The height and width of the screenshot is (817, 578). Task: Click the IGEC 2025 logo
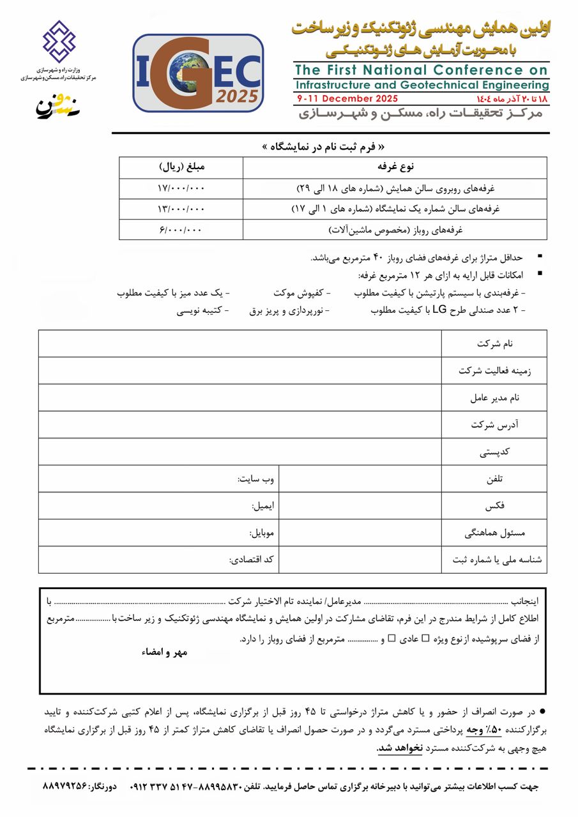coord(198,74)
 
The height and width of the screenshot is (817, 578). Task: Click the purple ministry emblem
coord(59,41)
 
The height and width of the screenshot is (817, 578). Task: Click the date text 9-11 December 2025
coord(347,98)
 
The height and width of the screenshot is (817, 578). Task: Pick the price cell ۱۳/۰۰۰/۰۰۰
coord(181,209)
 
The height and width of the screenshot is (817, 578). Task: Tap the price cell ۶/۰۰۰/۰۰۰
coord(181,229)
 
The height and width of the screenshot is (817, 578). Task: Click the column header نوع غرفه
coord(395,167)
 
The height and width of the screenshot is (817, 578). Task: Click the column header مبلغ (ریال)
coord(181,167)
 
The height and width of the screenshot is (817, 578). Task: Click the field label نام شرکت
coord(494,344)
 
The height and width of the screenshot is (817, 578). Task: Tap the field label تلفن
coord(495,479)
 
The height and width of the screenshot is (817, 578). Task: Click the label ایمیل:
coord(262,506)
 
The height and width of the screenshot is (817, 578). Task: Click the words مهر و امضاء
coord(164,652)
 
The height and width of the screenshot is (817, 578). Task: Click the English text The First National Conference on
coord(422,70)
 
